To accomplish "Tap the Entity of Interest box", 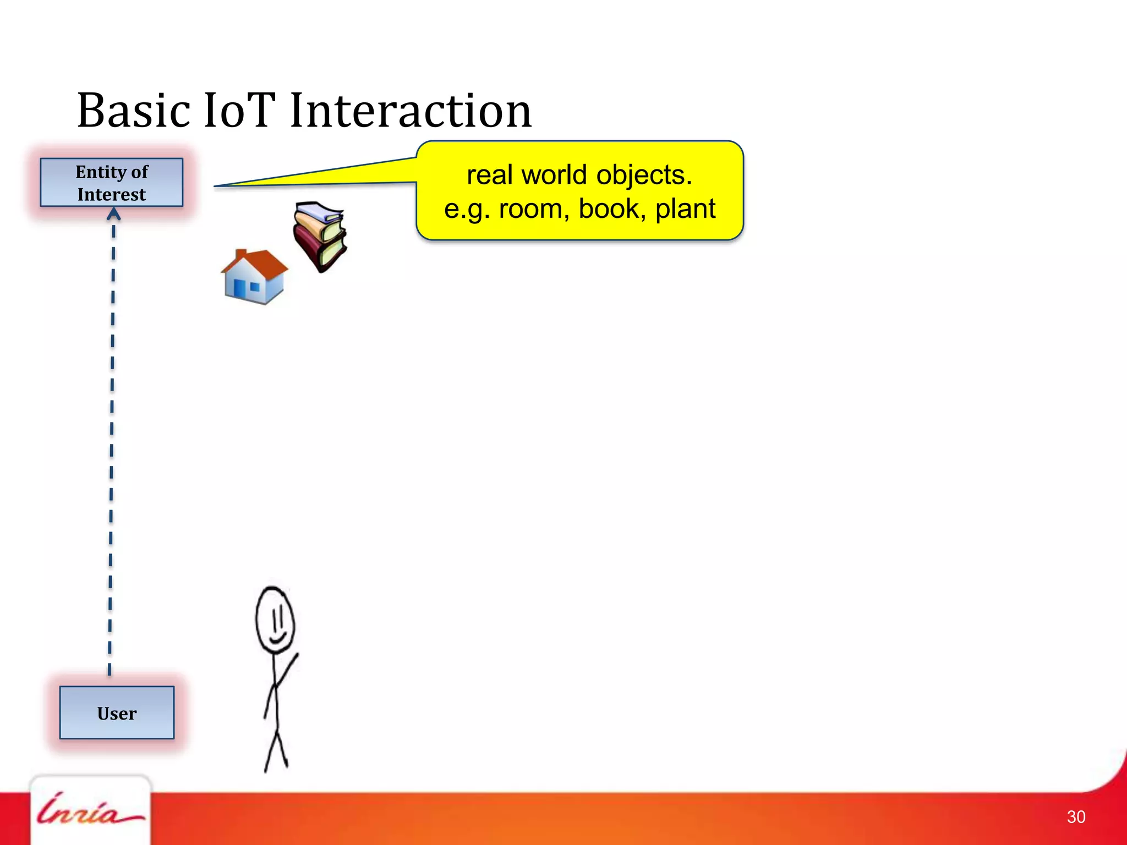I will tap(112, 183).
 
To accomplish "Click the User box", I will tap(117, 713).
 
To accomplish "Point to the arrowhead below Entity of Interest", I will tap(113, 215).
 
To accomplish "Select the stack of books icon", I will tap(320, 235).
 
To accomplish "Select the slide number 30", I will tap(1076, 817).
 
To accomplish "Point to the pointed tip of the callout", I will tap(216, 186).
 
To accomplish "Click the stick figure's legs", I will tap(276, 748).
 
